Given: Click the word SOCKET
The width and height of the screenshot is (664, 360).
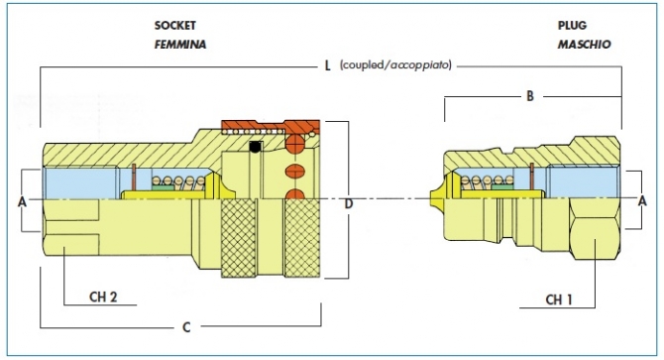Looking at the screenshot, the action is coord(174,26).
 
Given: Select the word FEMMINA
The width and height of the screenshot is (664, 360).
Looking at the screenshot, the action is coord(180,45).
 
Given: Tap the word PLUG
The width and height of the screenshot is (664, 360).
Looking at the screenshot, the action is coord(572,26).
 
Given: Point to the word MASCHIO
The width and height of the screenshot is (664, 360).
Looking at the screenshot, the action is coord(584,45).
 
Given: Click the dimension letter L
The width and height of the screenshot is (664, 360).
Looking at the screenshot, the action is coord(327,66).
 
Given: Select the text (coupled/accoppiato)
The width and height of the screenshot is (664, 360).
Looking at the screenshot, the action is coord(395,65).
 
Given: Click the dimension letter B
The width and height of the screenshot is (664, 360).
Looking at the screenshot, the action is coord(530,96).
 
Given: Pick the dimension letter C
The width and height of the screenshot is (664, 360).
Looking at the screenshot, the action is coord(186,327).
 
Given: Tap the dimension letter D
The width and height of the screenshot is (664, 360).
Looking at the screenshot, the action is coord(348,204).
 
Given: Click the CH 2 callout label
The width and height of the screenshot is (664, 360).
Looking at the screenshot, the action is coord(103,297).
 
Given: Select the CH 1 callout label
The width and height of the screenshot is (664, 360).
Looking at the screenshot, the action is coord(559,300).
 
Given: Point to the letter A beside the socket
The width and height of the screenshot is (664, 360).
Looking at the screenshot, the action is coord(22,202).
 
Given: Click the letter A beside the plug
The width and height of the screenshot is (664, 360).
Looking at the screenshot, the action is coord(642,200).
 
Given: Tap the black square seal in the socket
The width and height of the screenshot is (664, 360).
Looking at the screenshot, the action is coord(255,147).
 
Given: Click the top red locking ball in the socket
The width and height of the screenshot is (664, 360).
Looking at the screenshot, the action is coord(295,145).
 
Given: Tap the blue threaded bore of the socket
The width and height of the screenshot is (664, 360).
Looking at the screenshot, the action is coord(80,182).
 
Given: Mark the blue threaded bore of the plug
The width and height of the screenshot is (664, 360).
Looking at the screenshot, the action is coord(583,182).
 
